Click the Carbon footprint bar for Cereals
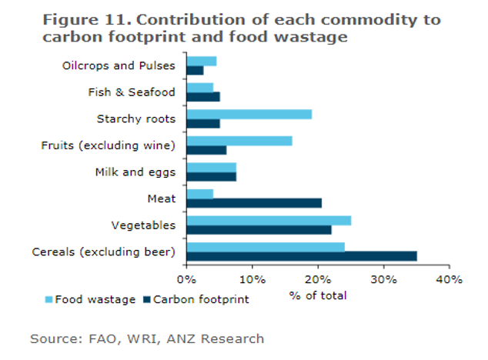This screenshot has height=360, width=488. [302, 255]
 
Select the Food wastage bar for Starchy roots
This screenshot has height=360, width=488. [249, 114]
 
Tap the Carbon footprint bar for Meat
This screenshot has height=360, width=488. [254, 202]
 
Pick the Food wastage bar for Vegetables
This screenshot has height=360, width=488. [269, 220]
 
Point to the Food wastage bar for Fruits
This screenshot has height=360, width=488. [239, 141]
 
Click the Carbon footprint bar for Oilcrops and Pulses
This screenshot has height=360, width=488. [195, 70]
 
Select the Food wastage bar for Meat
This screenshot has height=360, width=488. [200, 194]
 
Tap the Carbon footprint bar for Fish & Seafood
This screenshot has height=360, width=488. [203, 96]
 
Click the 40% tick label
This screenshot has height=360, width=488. [450, 279]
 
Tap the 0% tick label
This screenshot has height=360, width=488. [187, 279]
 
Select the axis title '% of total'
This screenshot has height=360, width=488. [318, 295]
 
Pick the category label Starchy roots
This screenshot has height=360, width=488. [136, 118]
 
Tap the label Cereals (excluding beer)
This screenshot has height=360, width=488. [104, 252]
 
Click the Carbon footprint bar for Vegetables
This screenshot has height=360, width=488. [259, 229]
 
